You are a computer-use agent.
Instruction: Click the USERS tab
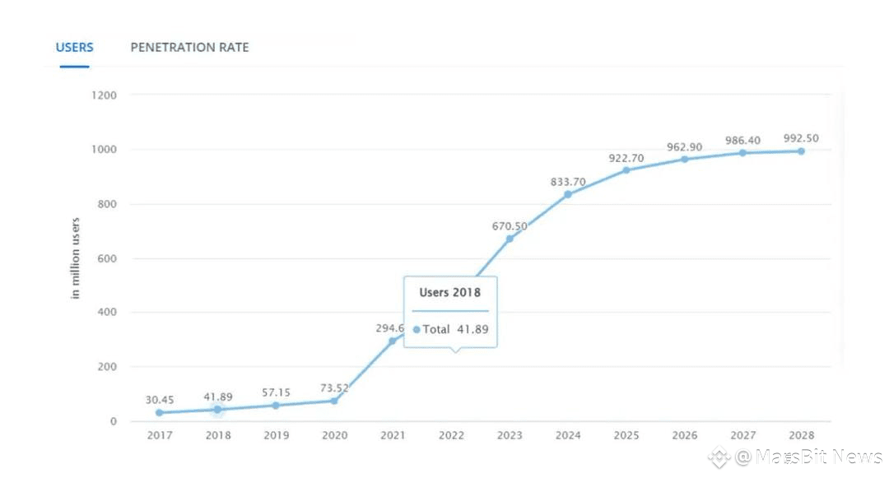point(74,47)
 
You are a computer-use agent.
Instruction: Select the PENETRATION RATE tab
point(189,47)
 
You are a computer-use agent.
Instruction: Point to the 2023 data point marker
point(510,239)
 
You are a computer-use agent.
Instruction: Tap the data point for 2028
point(800,151)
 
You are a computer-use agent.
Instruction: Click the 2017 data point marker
point(159,413)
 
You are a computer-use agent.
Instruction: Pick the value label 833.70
point(568,182)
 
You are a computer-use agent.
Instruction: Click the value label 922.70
point(626,157)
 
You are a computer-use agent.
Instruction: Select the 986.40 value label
point(742,141)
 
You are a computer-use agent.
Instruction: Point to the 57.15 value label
point(276,393)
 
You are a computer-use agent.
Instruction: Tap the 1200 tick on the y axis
point(104,95)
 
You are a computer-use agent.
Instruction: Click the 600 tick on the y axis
point(107,258)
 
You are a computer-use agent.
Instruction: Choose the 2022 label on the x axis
point(451,435)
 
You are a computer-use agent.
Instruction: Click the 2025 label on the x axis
point(626,435)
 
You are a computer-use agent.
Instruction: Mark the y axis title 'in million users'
point(76,258)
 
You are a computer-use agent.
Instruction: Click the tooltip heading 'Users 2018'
point(450,292)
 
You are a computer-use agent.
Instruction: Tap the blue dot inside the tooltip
point(417,329)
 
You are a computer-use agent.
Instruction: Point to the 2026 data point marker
point(684,160)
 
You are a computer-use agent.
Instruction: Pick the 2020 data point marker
point(334,401)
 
